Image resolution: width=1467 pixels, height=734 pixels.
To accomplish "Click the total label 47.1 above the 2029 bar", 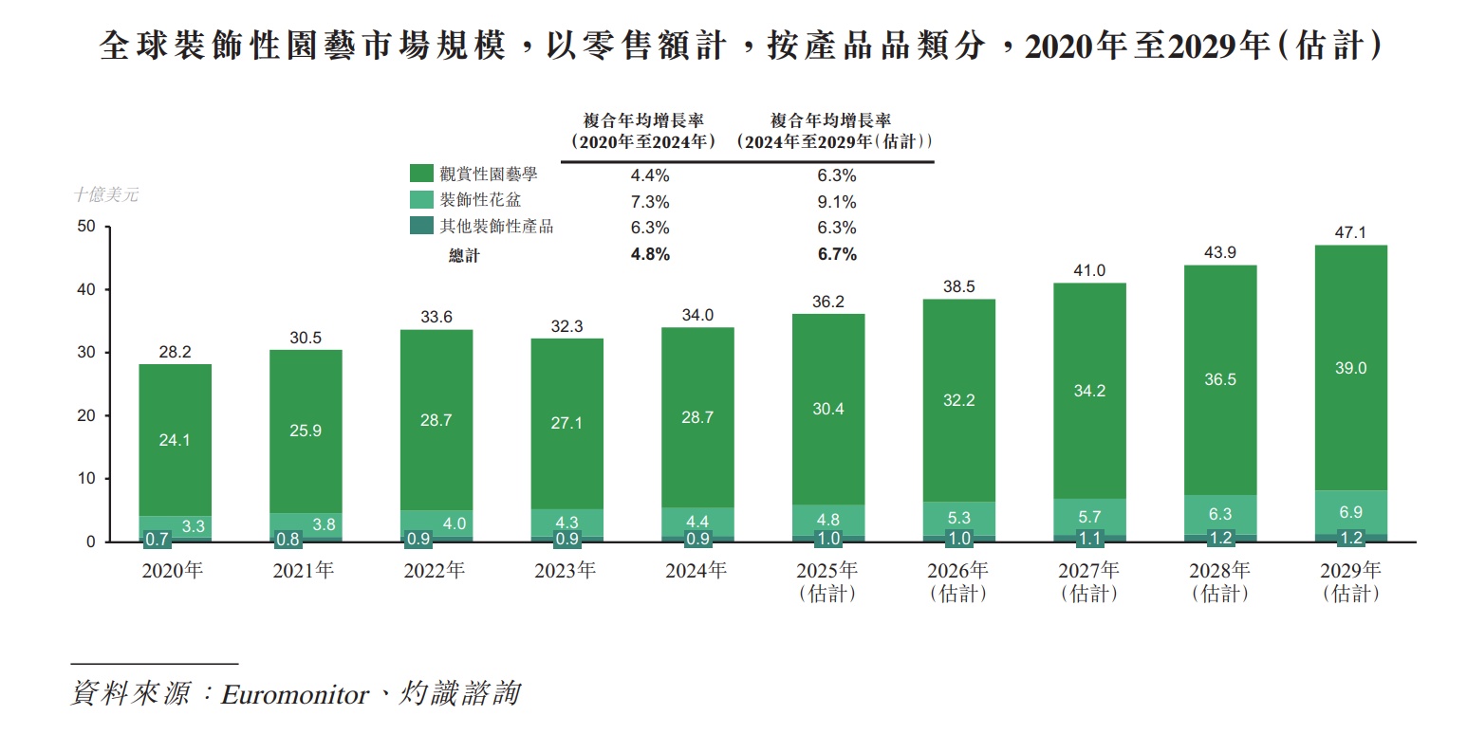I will tap(1350, 230).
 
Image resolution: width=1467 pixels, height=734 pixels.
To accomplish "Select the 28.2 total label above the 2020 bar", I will tap(175, 352).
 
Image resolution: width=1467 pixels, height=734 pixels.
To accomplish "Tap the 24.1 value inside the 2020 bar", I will tap(175, 440).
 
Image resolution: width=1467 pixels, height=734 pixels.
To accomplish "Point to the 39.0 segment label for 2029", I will tap(1350, 368).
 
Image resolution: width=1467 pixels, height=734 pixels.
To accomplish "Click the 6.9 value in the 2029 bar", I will tap(1350, 512).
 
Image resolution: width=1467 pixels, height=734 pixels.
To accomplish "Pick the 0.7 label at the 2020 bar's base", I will tap(157, 539).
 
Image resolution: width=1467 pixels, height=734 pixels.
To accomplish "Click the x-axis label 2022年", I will tap(436, 571).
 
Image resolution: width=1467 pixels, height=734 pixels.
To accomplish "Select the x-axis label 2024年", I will tap(697, 571).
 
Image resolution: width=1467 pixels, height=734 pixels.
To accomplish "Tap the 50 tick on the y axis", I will tap(86, 227).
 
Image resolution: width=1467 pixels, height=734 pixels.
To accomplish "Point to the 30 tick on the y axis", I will tap(86, 353).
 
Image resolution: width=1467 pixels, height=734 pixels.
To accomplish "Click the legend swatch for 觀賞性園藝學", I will tap(421, 174).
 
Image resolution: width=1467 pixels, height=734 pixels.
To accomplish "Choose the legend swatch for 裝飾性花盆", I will tap(421, 199).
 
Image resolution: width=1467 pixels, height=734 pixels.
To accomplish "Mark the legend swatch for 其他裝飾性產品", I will tap(421, 226).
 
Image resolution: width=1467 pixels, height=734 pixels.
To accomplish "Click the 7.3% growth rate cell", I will tap(651, 202).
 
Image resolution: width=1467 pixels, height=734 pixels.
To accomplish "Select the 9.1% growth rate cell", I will tap(837, 202).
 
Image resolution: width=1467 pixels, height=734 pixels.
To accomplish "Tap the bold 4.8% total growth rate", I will tap(651, 254).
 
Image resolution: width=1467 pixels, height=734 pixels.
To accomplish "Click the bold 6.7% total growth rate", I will tap(837, 254).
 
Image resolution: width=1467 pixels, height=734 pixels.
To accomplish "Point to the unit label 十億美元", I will tap(106, 194).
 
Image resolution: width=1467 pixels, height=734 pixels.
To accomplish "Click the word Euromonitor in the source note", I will tap(294, 694).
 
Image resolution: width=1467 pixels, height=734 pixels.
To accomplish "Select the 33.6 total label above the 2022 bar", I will tap(436, 318).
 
